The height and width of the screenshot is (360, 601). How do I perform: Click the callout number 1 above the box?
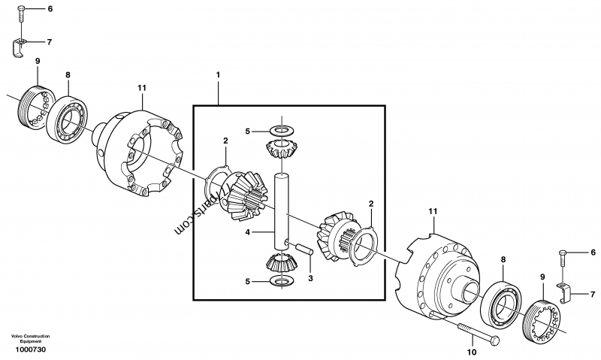point(218,75)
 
